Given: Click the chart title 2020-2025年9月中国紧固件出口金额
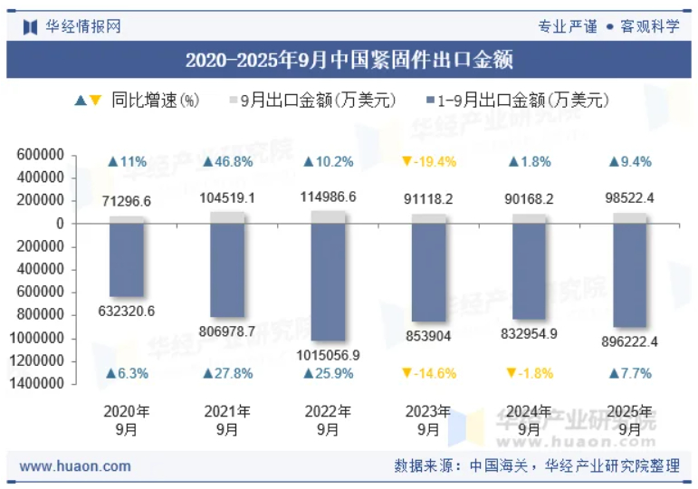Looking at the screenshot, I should click(x=349, y=61).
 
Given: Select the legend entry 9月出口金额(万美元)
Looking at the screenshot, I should click(x=312, y=101).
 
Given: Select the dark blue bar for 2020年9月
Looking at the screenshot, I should click(x=127, y=260).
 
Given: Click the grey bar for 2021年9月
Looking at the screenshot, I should click(x=227, y=217).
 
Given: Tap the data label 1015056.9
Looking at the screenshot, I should click(x=328, y=355).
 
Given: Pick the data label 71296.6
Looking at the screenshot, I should click(x=127, y=201).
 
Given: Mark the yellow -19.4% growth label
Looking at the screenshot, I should click(x=428, y=162).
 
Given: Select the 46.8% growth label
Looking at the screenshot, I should click(x=227, y=162).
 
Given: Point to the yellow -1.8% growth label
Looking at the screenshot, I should click(x=529, y=373).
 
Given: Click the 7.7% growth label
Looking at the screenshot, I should click(x=630, y=373).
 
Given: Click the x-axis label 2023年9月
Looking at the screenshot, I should click(x=428, y=420).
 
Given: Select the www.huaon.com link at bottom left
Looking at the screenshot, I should click(x=75, y=466).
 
